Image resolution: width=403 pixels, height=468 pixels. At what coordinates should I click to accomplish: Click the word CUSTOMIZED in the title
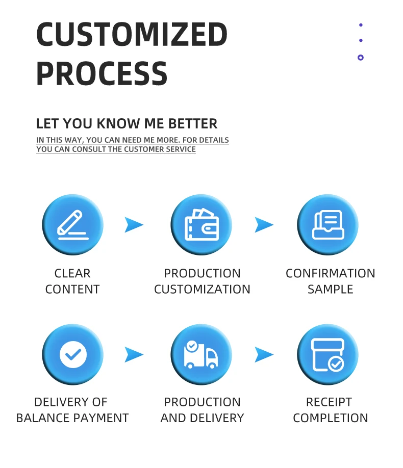click(132, 35)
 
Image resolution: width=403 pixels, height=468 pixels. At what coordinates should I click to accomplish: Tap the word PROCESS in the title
click(102, 73)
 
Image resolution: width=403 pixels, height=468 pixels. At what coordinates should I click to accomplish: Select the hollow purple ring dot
click(361, 58)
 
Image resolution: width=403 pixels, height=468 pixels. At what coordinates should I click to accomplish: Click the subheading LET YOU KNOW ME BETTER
click(127, 123)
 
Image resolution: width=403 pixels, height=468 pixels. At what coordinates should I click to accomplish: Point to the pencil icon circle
click(72, 225)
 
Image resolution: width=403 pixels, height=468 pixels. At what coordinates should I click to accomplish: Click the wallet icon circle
click(202, 225)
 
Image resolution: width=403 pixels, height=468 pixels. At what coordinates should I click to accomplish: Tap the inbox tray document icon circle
click(328, 225)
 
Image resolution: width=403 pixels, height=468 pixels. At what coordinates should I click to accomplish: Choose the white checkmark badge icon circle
click(72, 354)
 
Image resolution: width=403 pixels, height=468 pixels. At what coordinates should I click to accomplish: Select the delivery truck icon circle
click(202, 354)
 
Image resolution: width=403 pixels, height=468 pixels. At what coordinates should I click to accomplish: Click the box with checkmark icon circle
click(328, 354)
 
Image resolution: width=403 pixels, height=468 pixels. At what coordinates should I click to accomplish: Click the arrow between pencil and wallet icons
click(134, 225)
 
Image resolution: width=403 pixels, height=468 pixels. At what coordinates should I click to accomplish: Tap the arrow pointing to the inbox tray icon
click(264, 225)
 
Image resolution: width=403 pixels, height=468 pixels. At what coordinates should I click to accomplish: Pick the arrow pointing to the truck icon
click(134, 354)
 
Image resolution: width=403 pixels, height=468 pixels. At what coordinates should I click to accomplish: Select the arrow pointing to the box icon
click(264, 354)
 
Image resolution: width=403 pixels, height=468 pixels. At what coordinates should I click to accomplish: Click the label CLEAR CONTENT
click(72, 281)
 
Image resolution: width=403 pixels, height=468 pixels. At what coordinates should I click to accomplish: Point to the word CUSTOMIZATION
click(202, 289)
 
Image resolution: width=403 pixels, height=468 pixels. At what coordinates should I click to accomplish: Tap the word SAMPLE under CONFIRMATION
click(330, 289)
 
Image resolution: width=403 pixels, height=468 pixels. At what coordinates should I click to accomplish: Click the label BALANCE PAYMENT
click(72, 418)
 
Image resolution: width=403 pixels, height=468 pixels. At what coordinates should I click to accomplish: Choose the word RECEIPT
click(329, 402)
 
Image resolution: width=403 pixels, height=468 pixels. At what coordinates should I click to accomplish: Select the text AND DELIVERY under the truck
click(202, 418)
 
